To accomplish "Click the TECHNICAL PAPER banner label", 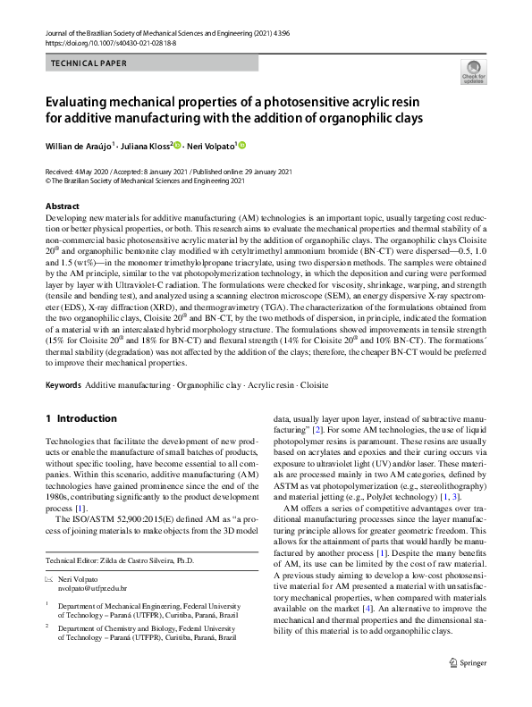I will [x=89, y=63].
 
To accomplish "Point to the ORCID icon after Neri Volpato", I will [x=241, y=145].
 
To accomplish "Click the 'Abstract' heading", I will [x=62, y=206].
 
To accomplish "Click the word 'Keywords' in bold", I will [x=63, y=384].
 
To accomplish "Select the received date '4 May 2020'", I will [x=94, y=171].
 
